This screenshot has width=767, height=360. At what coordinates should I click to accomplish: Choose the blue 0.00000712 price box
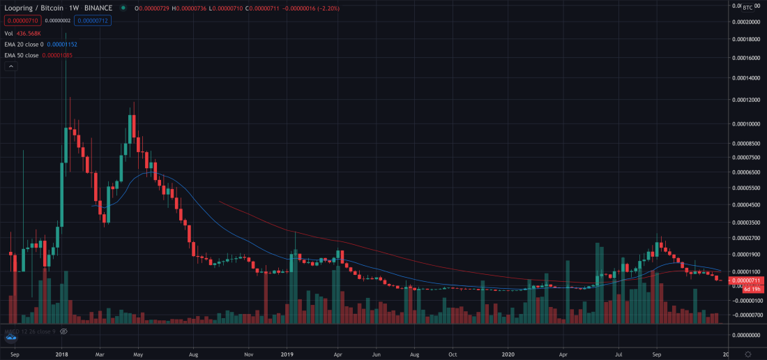[93, 20]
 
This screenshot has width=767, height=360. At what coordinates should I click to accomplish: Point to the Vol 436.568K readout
[22, 33]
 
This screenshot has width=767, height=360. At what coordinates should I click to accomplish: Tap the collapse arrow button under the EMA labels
[10, 66]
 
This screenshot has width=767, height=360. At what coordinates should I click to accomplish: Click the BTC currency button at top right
[747, 8]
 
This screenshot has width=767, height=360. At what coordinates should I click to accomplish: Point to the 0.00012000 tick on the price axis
[746, 100]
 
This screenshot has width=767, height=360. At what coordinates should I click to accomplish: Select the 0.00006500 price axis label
[746, 172]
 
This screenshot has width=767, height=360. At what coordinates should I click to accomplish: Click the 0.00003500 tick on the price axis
[746, 223]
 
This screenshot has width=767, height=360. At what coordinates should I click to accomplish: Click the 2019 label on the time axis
[287, 354]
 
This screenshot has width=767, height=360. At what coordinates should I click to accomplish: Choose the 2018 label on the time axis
[62, 354]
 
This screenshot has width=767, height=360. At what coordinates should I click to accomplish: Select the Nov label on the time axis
[248, 354]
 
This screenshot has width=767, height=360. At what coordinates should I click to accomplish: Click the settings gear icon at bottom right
[747, 354]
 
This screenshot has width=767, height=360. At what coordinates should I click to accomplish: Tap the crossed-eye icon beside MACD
[63, 331]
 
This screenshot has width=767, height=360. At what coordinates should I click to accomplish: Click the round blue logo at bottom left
[10, 338]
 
